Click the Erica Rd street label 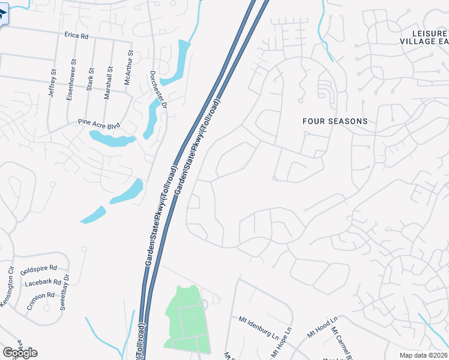[76, 36]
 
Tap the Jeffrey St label [53, 84]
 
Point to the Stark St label [91, 79]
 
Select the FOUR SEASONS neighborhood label [335, 121]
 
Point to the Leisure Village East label [424, 37]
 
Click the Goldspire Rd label [38, 269]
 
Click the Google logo [20, 353]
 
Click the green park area [187, 318]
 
